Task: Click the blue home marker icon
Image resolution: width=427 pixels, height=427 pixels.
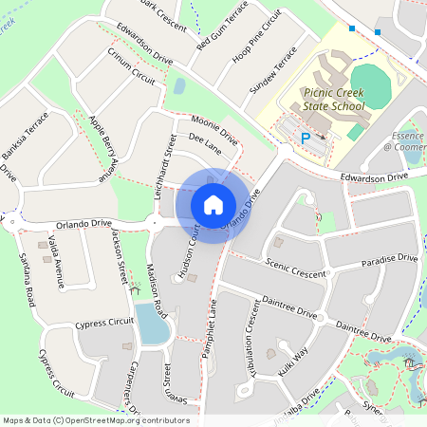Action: pyautogui.click(x=213, y=204)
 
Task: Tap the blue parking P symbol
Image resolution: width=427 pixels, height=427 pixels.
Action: pyautogui.click(x=306, y=139)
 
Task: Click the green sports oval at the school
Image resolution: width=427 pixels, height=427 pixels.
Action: pyautogui.click(x=369, y=84)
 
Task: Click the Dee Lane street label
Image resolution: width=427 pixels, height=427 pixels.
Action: pyautogui.click(x=204, y=143)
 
